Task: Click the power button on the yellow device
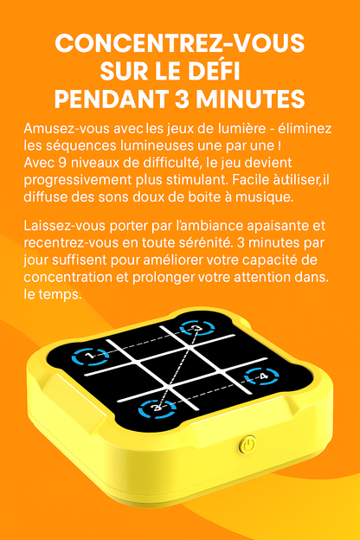248,445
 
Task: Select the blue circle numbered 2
156,405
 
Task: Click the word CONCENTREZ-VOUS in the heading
179,44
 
